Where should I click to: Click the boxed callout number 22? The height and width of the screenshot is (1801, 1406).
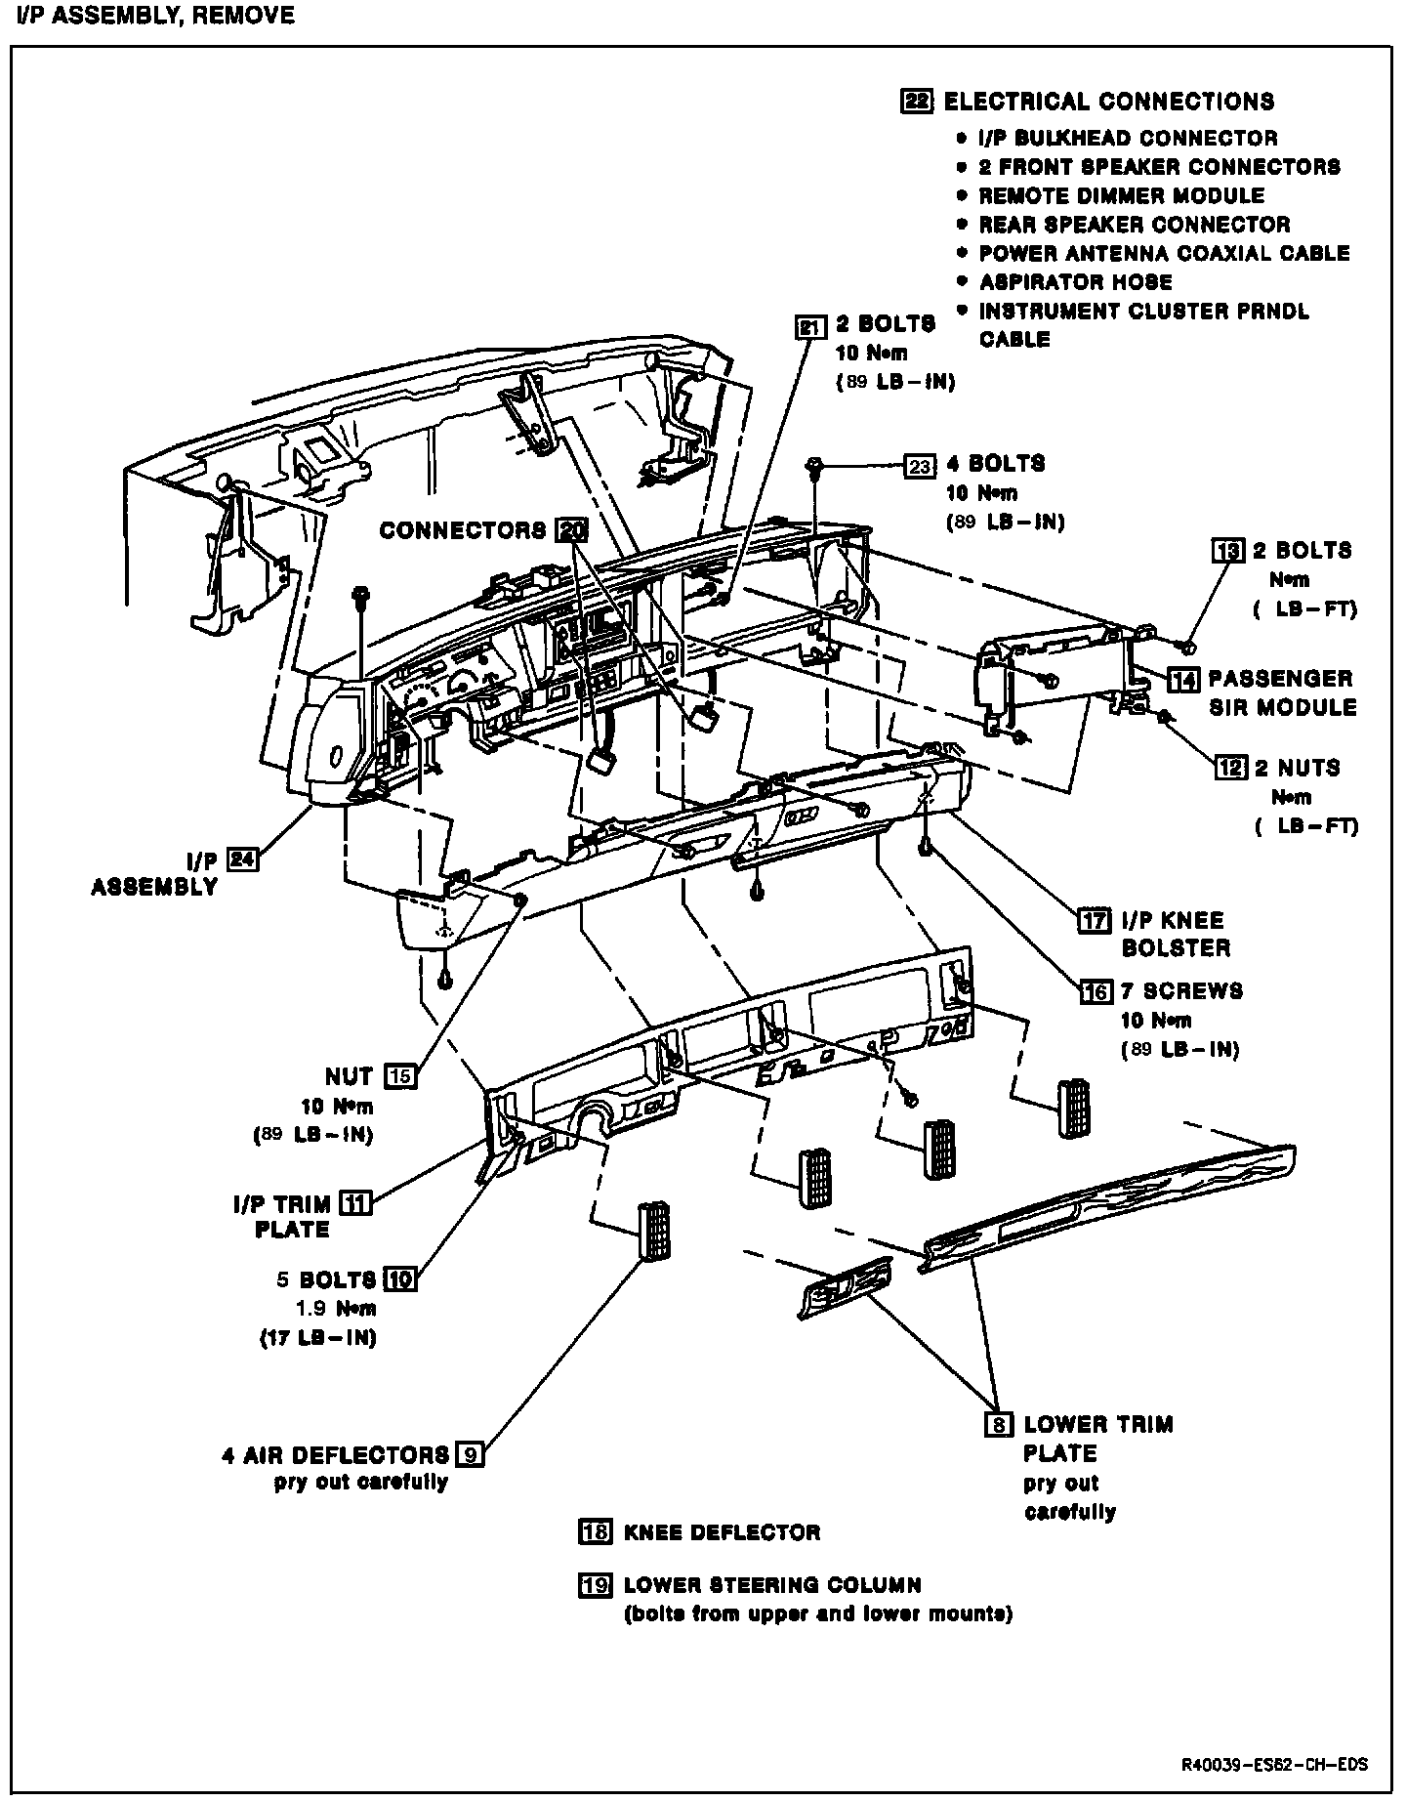[x=917, y=102]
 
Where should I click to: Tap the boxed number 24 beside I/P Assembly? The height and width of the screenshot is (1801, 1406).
[x=242, y=859]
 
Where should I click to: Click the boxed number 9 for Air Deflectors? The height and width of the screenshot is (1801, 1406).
[x=470, y=1454]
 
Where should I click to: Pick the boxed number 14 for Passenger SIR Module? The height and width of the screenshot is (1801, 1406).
[x=1183, y=680]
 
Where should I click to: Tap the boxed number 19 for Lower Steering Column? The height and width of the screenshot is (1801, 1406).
[x=595, y=1585]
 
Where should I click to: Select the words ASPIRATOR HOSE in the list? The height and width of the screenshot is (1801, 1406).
[x=1075, y=282]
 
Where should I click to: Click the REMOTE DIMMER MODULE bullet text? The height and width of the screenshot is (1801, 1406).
[x=1121, y=195]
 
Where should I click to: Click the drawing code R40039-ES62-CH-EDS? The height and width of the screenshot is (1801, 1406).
[x=1273, y=1765]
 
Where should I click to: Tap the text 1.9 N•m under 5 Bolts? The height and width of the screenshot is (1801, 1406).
[x=335, y=1309]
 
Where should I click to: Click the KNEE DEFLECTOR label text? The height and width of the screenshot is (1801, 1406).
[x=722, y=1532]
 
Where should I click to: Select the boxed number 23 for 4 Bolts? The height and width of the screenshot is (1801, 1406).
[x=920, y=466]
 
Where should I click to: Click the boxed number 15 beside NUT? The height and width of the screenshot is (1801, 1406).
[x=400, y=1076]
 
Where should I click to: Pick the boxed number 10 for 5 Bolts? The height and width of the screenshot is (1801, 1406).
[x=400, y=1278]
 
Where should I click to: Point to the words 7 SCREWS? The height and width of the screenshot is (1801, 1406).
[x=1181, y=990]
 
